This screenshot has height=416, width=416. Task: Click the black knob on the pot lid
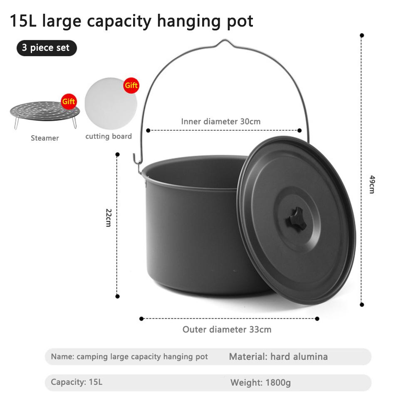[x=296, y=220]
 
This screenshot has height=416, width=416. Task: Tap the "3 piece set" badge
[x=47, y=48]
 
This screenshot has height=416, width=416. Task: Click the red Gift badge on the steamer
[x=69, y=102]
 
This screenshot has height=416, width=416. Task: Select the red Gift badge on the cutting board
[x=131, y=85]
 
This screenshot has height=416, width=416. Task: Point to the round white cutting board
[x=111, y=104]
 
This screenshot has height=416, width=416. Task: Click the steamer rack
[x=45, y=112]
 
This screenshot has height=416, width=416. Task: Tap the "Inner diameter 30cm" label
[x=221, y=121]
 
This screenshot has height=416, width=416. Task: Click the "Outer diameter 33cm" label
[x=227, y=329]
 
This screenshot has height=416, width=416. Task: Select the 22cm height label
[x=109, y=218]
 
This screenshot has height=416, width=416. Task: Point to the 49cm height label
[x=372, y=184]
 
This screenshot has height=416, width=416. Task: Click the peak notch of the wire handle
[x=225, y=41]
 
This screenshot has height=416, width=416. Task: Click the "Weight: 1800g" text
[x=260, y=383]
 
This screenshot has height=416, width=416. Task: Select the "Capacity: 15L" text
[x=77, y=382]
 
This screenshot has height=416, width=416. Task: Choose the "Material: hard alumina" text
[x=278, y=357]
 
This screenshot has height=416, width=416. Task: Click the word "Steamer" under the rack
[x=45, y=138]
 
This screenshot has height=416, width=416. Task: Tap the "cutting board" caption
[x=109, y=136]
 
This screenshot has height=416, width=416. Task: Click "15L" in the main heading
[x=23, y=21]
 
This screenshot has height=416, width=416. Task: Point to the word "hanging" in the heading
[x=189, y=21]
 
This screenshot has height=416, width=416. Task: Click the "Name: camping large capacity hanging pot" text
[x=129, y=357]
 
